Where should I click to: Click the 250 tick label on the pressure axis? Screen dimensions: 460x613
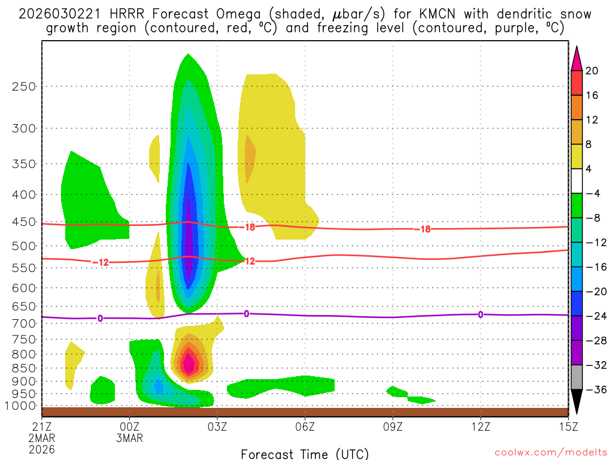[23, 86]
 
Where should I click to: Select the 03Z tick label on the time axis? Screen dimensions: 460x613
[217, 428]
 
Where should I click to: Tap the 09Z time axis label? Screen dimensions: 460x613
[393, 428]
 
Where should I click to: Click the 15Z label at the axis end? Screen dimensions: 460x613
[568, 428]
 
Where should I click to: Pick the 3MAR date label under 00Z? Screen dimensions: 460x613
[130, 438]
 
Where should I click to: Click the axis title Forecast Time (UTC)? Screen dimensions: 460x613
[305, 453]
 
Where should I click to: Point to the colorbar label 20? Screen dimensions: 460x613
[592, 71]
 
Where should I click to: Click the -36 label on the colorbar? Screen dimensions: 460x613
[595, 390]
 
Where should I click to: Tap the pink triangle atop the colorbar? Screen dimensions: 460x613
[576, 57]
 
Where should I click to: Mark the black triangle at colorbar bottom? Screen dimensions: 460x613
[576, 402]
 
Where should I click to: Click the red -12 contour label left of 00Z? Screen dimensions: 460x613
[100, 262]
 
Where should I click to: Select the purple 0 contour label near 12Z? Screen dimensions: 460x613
[481, 314]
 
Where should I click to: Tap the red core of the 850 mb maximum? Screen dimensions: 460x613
[189, 362]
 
